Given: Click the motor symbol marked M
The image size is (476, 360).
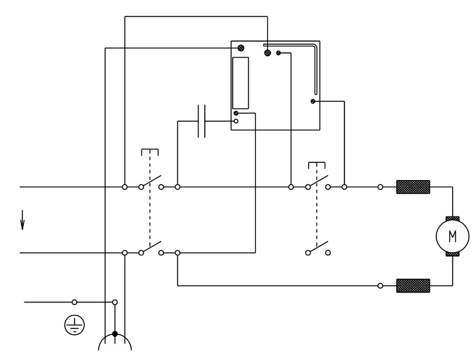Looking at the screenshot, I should click(452, 236).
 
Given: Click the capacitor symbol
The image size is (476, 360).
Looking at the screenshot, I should click(202, 121).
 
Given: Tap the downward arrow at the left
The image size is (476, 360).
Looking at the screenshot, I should click(22, 219).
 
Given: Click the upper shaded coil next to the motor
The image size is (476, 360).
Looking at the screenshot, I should click(413, 187).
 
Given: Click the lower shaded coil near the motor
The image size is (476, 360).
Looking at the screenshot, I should click(413, 286).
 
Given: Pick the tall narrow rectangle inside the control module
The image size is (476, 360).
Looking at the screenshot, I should click(241, 83).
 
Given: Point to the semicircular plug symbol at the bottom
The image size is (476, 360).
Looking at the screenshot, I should click(115, 343).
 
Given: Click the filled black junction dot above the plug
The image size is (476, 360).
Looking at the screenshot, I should click(115, 334).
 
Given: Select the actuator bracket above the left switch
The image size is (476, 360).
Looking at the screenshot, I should click(150, 152).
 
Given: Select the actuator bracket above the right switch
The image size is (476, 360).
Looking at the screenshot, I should click(317, 164).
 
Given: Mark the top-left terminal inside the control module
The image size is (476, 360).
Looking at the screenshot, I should click(241, 48).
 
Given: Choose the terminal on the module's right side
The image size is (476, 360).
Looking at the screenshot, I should click(312, 101).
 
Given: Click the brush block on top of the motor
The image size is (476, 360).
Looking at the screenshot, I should click(452, 218).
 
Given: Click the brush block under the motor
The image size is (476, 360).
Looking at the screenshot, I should click(452, 253).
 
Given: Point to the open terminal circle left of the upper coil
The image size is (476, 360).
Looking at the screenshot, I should click(380, 187).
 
